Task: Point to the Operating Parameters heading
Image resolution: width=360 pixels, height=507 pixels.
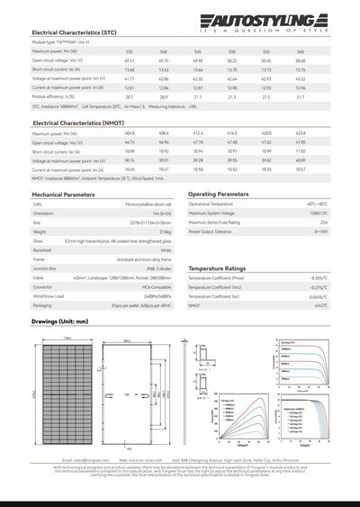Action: pyautogui.click(x=219, y=194)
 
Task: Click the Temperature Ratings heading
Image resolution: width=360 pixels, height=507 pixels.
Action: pyautogui.click(x=216, y=268)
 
